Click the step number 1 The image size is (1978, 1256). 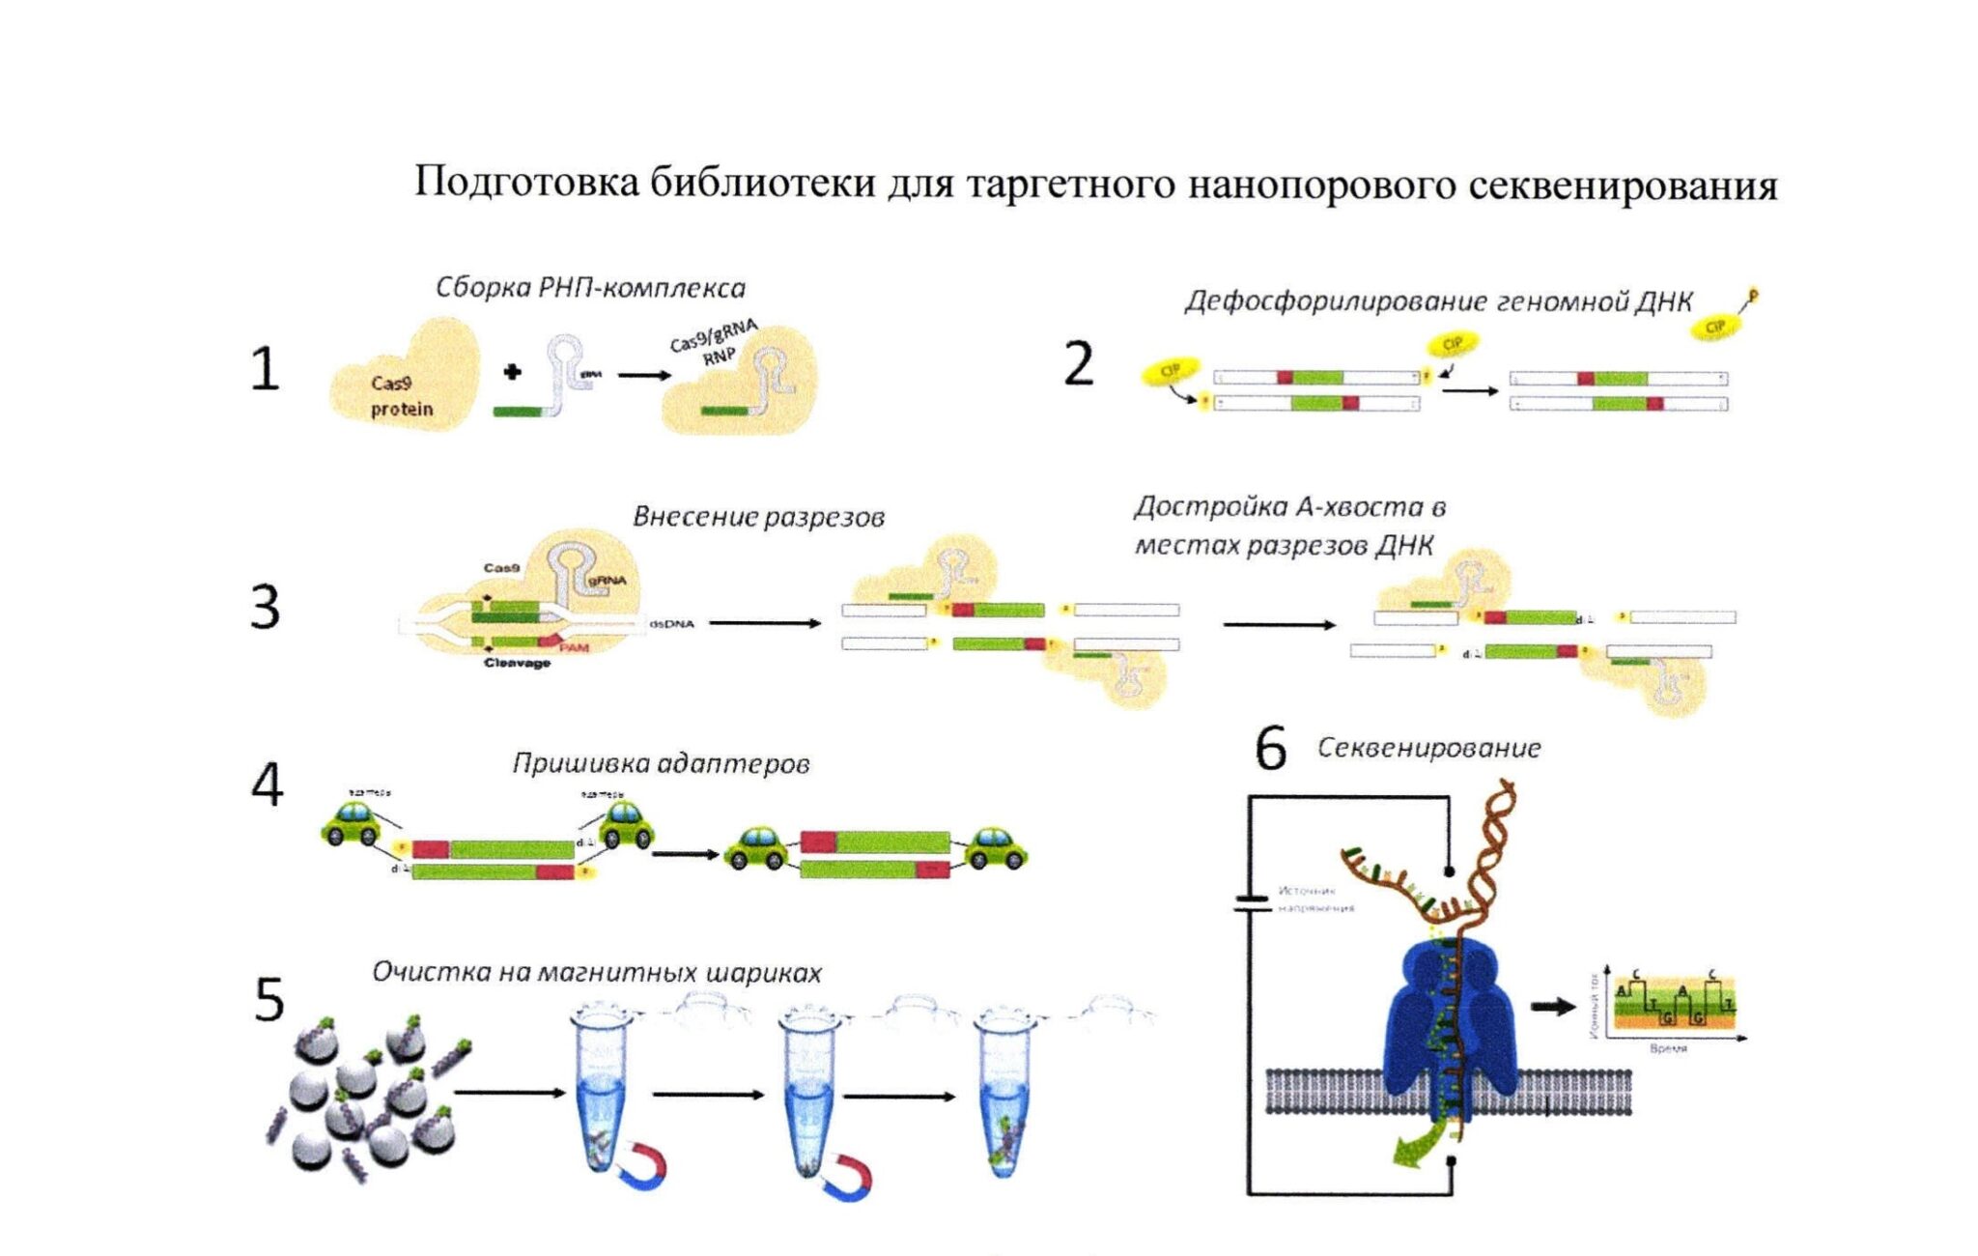[x=265, y=369]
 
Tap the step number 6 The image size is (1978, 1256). [x=1270, y=749]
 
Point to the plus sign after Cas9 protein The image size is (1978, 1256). [x=512, y=372]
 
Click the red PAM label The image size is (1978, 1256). [x=574, y=646]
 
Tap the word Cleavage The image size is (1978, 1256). [x=517, y=663]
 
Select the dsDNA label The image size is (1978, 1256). [x=671, y=624]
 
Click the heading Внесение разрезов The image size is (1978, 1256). [x=758, y=517]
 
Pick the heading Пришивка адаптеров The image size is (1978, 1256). [x=661, y=763]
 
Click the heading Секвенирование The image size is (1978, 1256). [x=1428, y=748]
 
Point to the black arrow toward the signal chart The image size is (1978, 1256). [x=1552, y=1007]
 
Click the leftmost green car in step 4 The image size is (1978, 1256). [x=351, y=823]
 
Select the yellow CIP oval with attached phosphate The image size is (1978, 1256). [x=1717, y=326]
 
